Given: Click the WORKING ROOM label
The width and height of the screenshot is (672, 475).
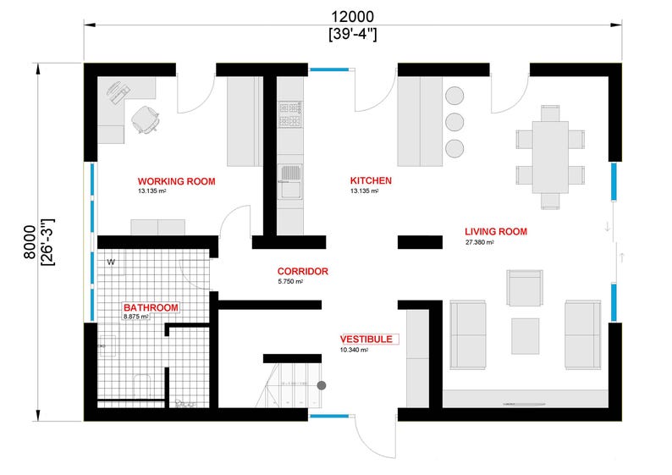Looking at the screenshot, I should (x=176, y=181).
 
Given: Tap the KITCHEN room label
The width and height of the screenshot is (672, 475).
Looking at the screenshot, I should (x=371, y=181).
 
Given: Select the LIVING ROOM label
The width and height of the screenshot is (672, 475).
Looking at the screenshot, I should (x=496, y=231).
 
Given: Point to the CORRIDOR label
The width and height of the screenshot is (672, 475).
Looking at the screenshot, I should (x=302, y=272).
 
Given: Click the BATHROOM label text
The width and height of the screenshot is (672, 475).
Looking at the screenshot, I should (x=149, y=307).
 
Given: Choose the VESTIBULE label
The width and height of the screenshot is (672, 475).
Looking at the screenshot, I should (x=366, y=339).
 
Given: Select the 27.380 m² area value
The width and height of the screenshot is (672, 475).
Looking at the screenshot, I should (x=479, y=242).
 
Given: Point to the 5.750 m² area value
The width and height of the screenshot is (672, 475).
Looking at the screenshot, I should (x=290, y=282).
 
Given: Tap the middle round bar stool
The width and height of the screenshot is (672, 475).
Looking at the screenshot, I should (x=455, y=121).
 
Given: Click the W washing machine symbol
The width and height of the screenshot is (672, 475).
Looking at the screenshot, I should (x=111, y=262).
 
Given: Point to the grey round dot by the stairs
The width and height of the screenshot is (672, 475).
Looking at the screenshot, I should (x=321, y=385).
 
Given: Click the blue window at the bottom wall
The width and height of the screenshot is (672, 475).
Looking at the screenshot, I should (x=331, y=416).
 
